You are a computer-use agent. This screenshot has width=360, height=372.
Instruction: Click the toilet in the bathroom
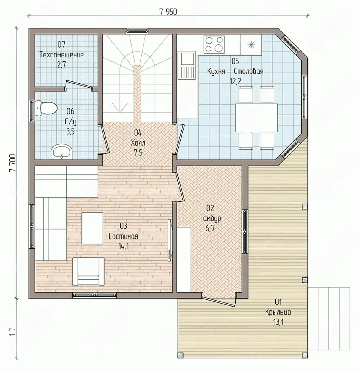[x=46, y=108]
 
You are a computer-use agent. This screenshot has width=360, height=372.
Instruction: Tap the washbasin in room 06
[x=62, y=152]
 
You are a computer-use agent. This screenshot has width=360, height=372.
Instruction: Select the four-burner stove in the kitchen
[x=214, y=44]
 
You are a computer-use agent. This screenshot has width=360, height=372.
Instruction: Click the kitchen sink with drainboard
[x=187, y=65]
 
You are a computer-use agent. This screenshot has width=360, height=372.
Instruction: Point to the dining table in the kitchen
[x=256, y=118]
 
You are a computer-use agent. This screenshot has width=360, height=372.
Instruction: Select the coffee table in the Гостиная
[x=92, y=228]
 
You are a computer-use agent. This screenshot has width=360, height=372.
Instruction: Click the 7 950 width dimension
[x=168, y=12]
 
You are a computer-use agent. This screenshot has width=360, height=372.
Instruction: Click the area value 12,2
[x=235, y=81]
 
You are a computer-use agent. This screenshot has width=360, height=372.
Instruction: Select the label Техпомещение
[x=62, y=55]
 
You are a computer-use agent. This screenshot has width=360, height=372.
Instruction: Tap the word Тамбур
[x=210, y=218]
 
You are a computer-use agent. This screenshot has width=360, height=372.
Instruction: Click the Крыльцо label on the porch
[x=278, y=312]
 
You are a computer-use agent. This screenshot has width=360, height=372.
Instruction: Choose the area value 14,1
[x=123, y=246]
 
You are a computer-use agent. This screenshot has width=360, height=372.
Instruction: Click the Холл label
[x=138, y=143]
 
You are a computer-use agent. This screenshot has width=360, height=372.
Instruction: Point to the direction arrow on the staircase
[x=120, y=108]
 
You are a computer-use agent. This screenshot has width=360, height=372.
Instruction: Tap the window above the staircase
[x=137, y=31]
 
